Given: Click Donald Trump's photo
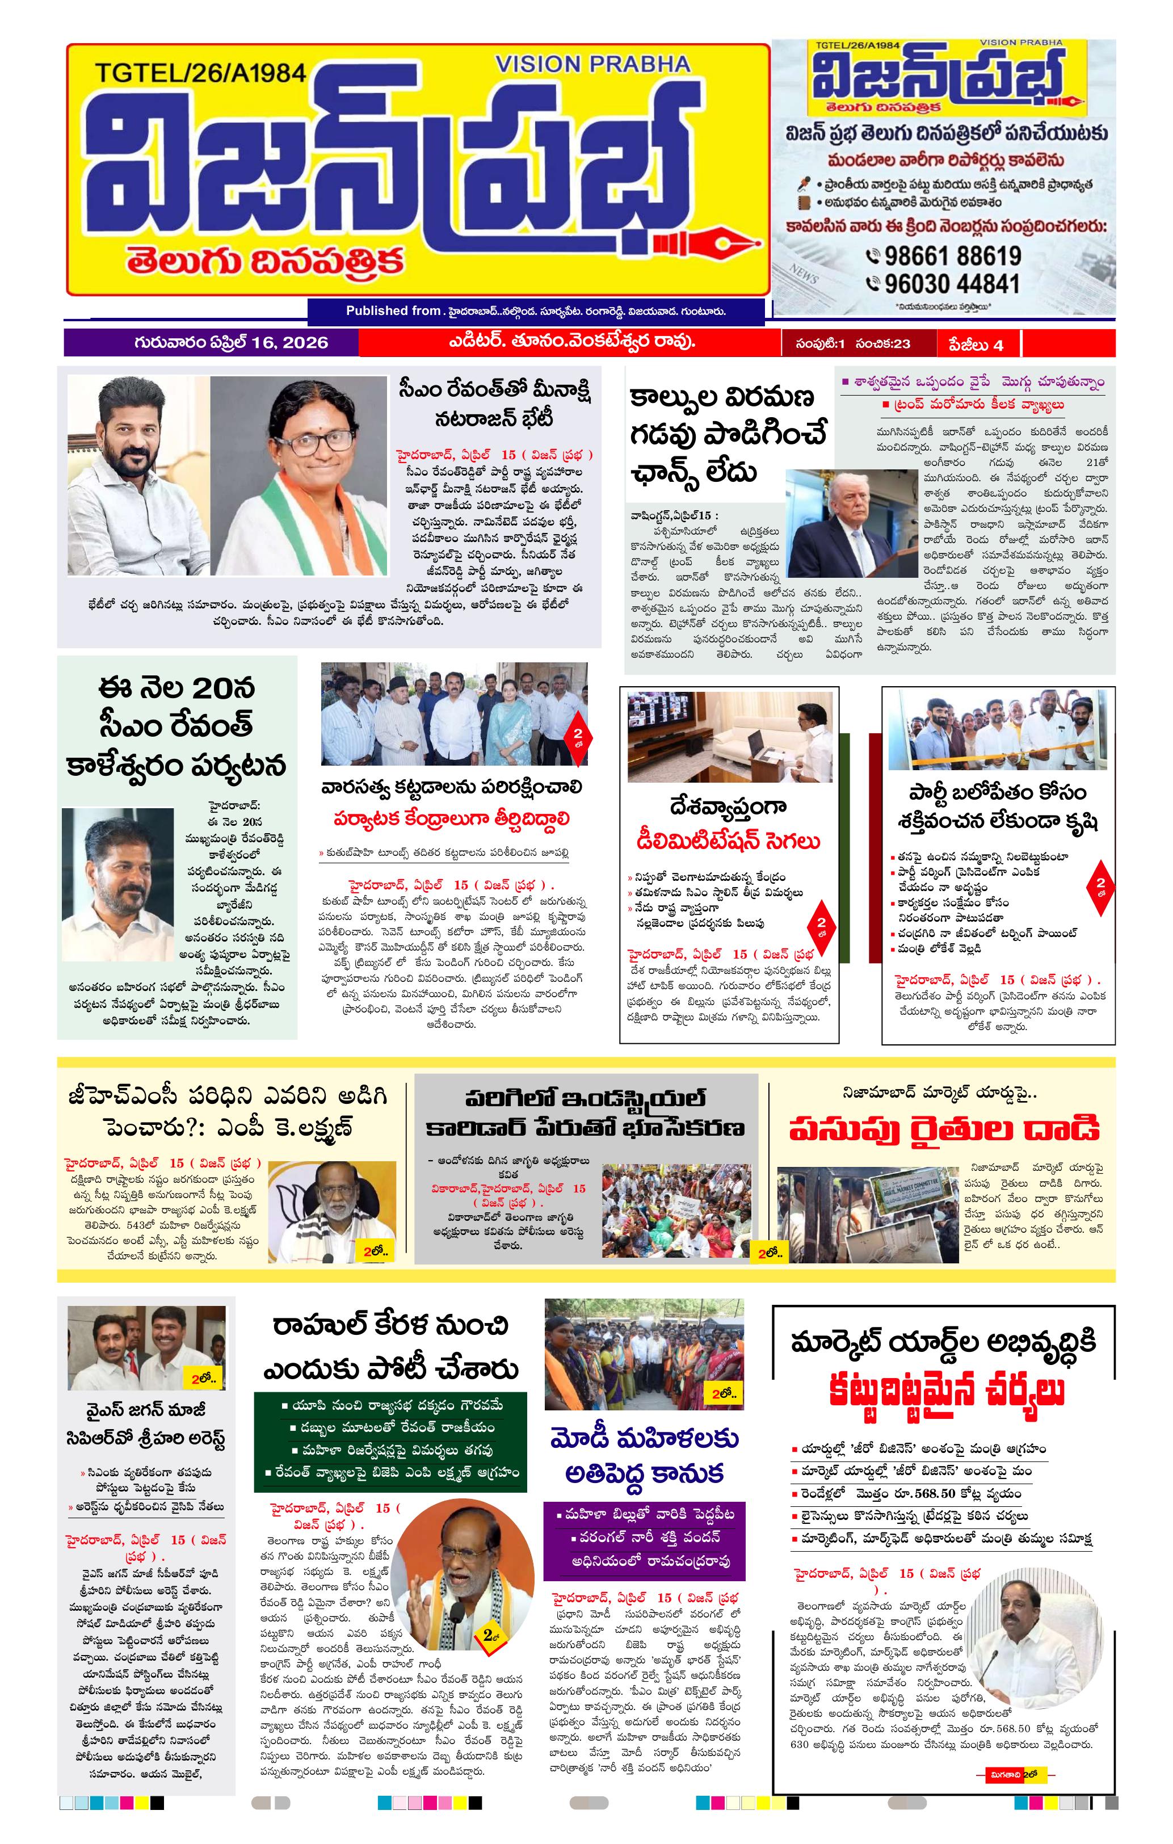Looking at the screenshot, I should [851, 523].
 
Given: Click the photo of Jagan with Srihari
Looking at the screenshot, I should [147, 1348].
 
